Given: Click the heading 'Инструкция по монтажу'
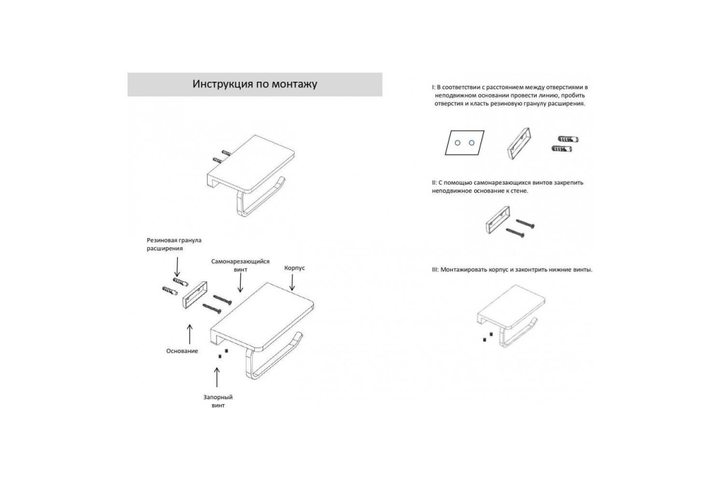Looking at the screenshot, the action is click(x=255, y=84).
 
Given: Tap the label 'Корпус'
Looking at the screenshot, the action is click(x=294, y=268).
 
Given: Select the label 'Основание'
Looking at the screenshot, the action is click(x=182, y=351).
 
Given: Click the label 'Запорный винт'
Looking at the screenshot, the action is click(x=218, y=401).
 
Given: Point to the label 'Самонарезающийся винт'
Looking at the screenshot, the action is click(x=241, y=266).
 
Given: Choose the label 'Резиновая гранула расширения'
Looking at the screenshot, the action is click(x=174, y=244).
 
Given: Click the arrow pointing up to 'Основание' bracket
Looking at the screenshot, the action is click(x=190, y=334).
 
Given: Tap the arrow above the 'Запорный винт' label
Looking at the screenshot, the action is click(x=217, y=377).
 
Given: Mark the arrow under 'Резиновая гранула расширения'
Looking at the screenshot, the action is click(x=177, y=267).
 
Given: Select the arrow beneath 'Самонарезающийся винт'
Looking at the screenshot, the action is click(x=240, y=284).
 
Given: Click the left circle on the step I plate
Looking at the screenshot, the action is click(x=457, y=142).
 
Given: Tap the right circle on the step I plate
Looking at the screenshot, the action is click(x=472, y=142).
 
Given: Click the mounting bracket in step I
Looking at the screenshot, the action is click(x=518, y=144).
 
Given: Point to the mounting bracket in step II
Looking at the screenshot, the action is click(x=498, y=219).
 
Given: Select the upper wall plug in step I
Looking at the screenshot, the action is click(x=568, y=139).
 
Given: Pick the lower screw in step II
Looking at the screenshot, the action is click(x=515, y=233).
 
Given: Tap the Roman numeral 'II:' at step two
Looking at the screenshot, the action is click(x=434, y=183).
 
